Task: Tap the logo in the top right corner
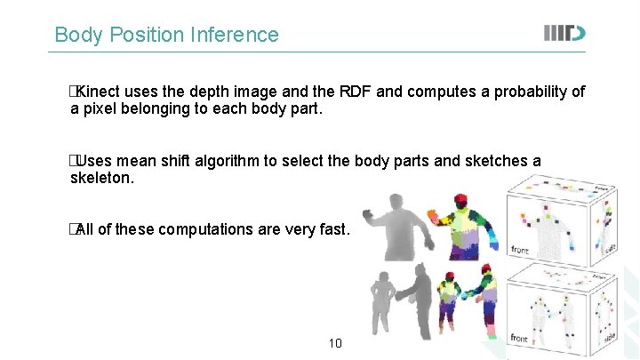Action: pos(564,34)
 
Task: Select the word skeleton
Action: pos(102,178)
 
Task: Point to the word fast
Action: pos(335,229)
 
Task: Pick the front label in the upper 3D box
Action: pos(520,250)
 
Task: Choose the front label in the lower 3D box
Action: pos(520,339)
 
